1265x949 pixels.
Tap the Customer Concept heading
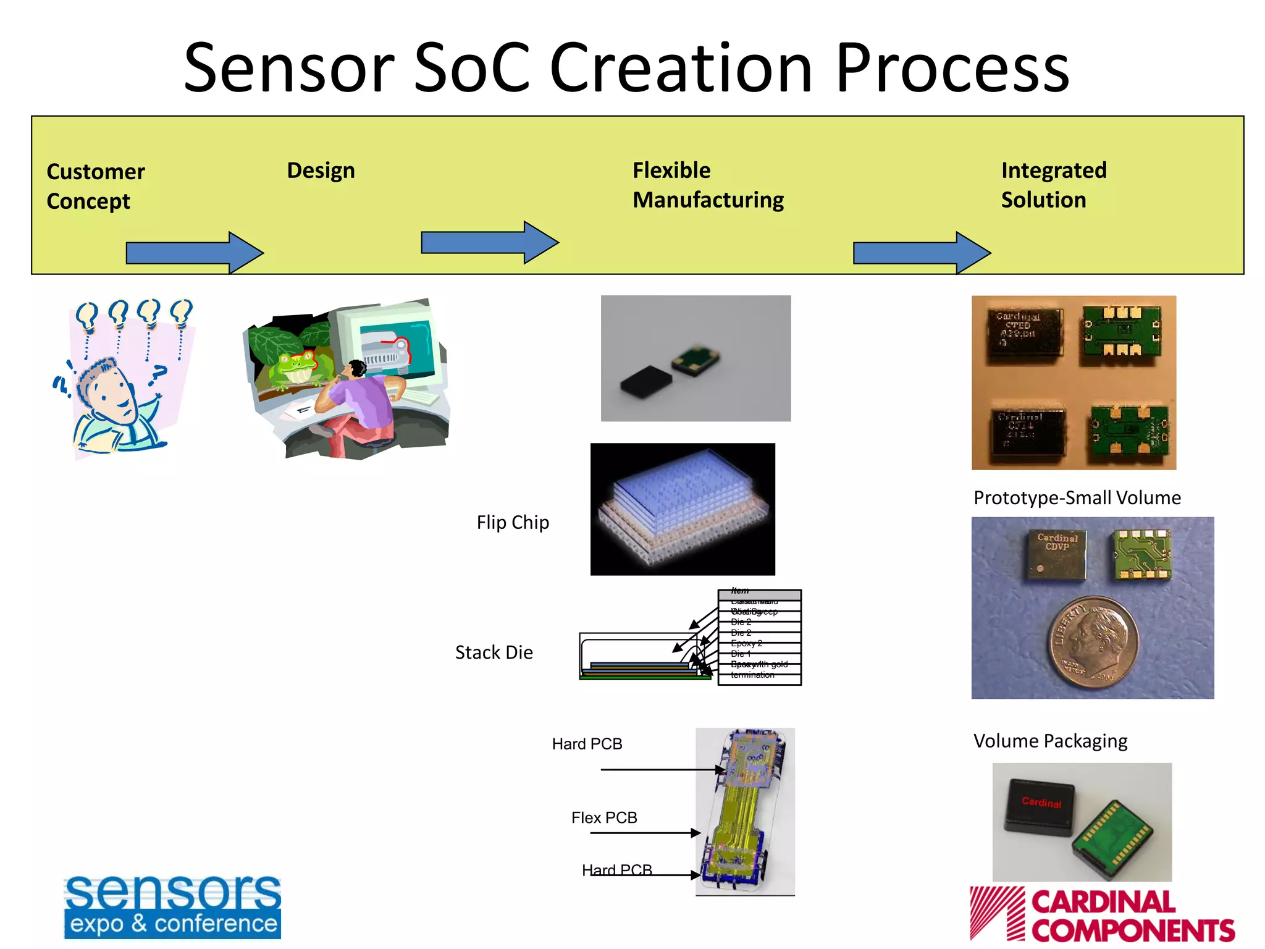[95, 186]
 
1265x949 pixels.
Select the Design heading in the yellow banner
[321, 171]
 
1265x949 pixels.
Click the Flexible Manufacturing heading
[708, 185]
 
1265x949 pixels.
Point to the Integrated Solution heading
[1053, 185]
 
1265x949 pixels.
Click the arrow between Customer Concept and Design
[194, 253]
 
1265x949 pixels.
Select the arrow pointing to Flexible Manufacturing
[489, 242]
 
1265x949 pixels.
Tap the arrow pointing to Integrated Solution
[921, 253]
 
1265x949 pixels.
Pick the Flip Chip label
[512, 523]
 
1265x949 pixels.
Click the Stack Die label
[494, 652]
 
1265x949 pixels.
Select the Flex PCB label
[603, 818]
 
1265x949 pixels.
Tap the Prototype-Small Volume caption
[1077, 498]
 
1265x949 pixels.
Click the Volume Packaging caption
[1050, 741]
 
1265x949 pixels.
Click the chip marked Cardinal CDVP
[1057, 554]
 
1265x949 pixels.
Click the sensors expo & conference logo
[172, 907]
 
